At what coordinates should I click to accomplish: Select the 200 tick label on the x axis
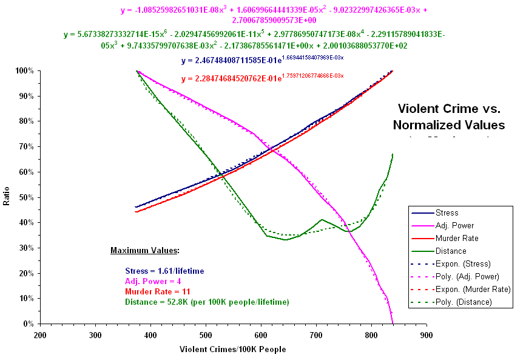40,335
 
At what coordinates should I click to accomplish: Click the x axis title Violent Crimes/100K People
233,350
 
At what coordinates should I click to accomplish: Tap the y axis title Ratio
7,197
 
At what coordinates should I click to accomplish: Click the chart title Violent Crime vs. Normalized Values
448,117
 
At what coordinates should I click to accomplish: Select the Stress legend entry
447,213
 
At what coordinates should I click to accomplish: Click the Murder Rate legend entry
455,239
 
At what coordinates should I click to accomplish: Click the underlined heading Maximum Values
145,250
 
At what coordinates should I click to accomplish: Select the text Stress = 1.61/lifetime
164,271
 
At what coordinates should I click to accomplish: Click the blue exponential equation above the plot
262,61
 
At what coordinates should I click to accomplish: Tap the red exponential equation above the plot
262,78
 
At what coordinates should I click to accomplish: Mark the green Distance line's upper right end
393,154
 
